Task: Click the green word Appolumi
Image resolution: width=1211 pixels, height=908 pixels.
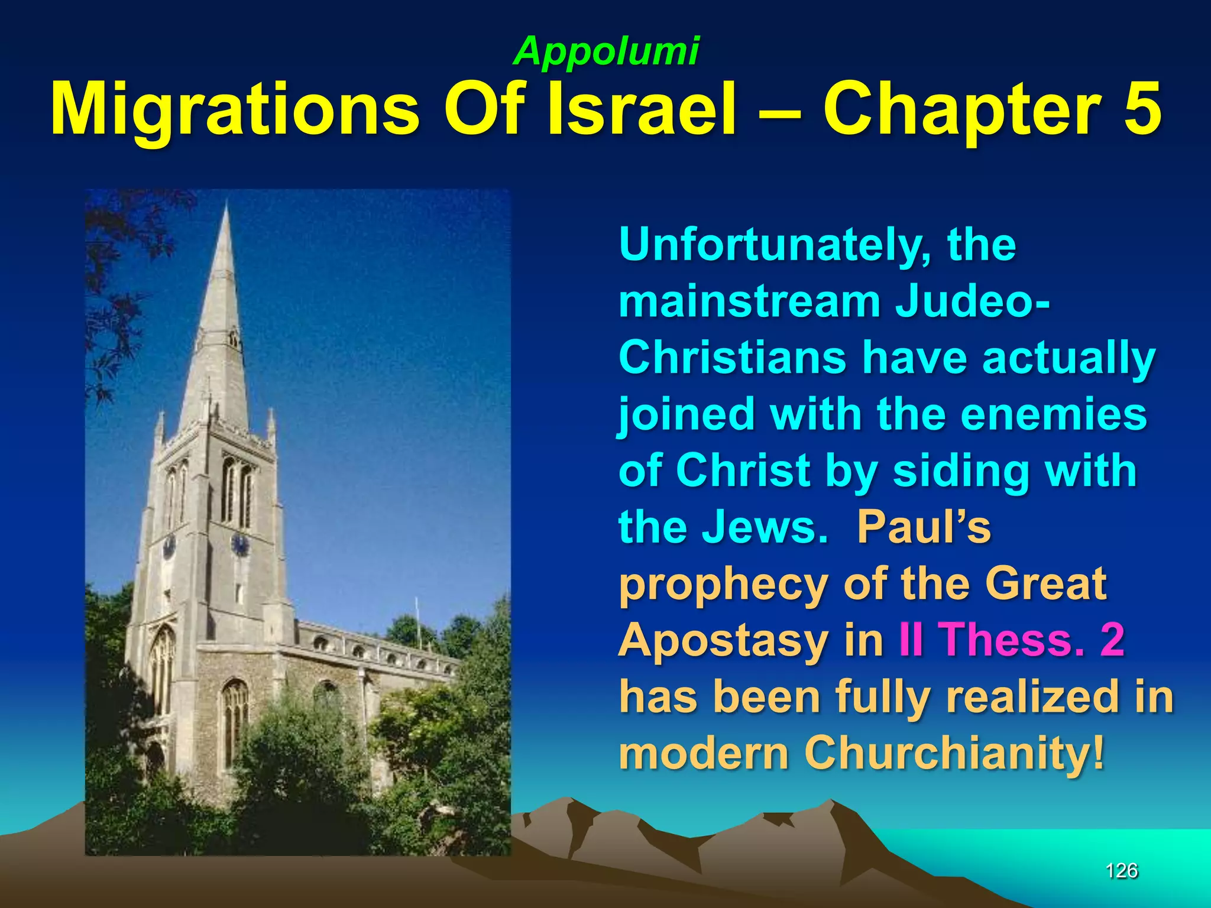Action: click(606, 51)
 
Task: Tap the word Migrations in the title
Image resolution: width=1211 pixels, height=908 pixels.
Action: click(234, 110)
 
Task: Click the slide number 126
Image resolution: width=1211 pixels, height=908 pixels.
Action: click(1121, 870)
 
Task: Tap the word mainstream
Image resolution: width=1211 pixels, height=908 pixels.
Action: click(750, 301)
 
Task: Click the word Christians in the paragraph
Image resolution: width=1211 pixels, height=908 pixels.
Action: click(733, 358)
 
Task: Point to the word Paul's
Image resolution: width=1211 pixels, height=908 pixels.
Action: click(924, 526)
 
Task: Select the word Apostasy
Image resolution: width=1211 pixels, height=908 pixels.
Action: click(723, 641)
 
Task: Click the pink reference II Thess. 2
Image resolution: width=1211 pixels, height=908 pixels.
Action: click(1011, 640)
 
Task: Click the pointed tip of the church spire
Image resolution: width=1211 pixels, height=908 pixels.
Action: click(226, 204)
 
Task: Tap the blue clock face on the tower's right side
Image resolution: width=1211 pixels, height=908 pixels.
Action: click(240, 544)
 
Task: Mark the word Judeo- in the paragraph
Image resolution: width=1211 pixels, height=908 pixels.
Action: click(973, 301)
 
